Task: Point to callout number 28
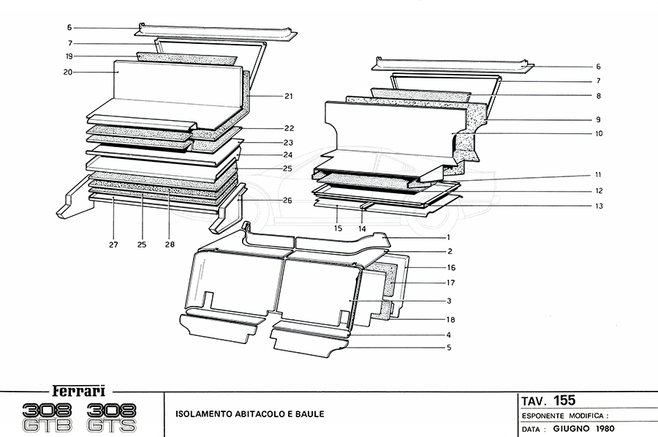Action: point(170,244)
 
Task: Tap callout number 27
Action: point(114,244)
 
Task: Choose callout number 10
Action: point(598,134)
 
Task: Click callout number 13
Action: point(598,206)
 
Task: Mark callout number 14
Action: point(361,229)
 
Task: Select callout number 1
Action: point(448,237)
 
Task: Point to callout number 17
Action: point(451,283)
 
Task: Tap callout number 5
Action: point(448,347)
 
